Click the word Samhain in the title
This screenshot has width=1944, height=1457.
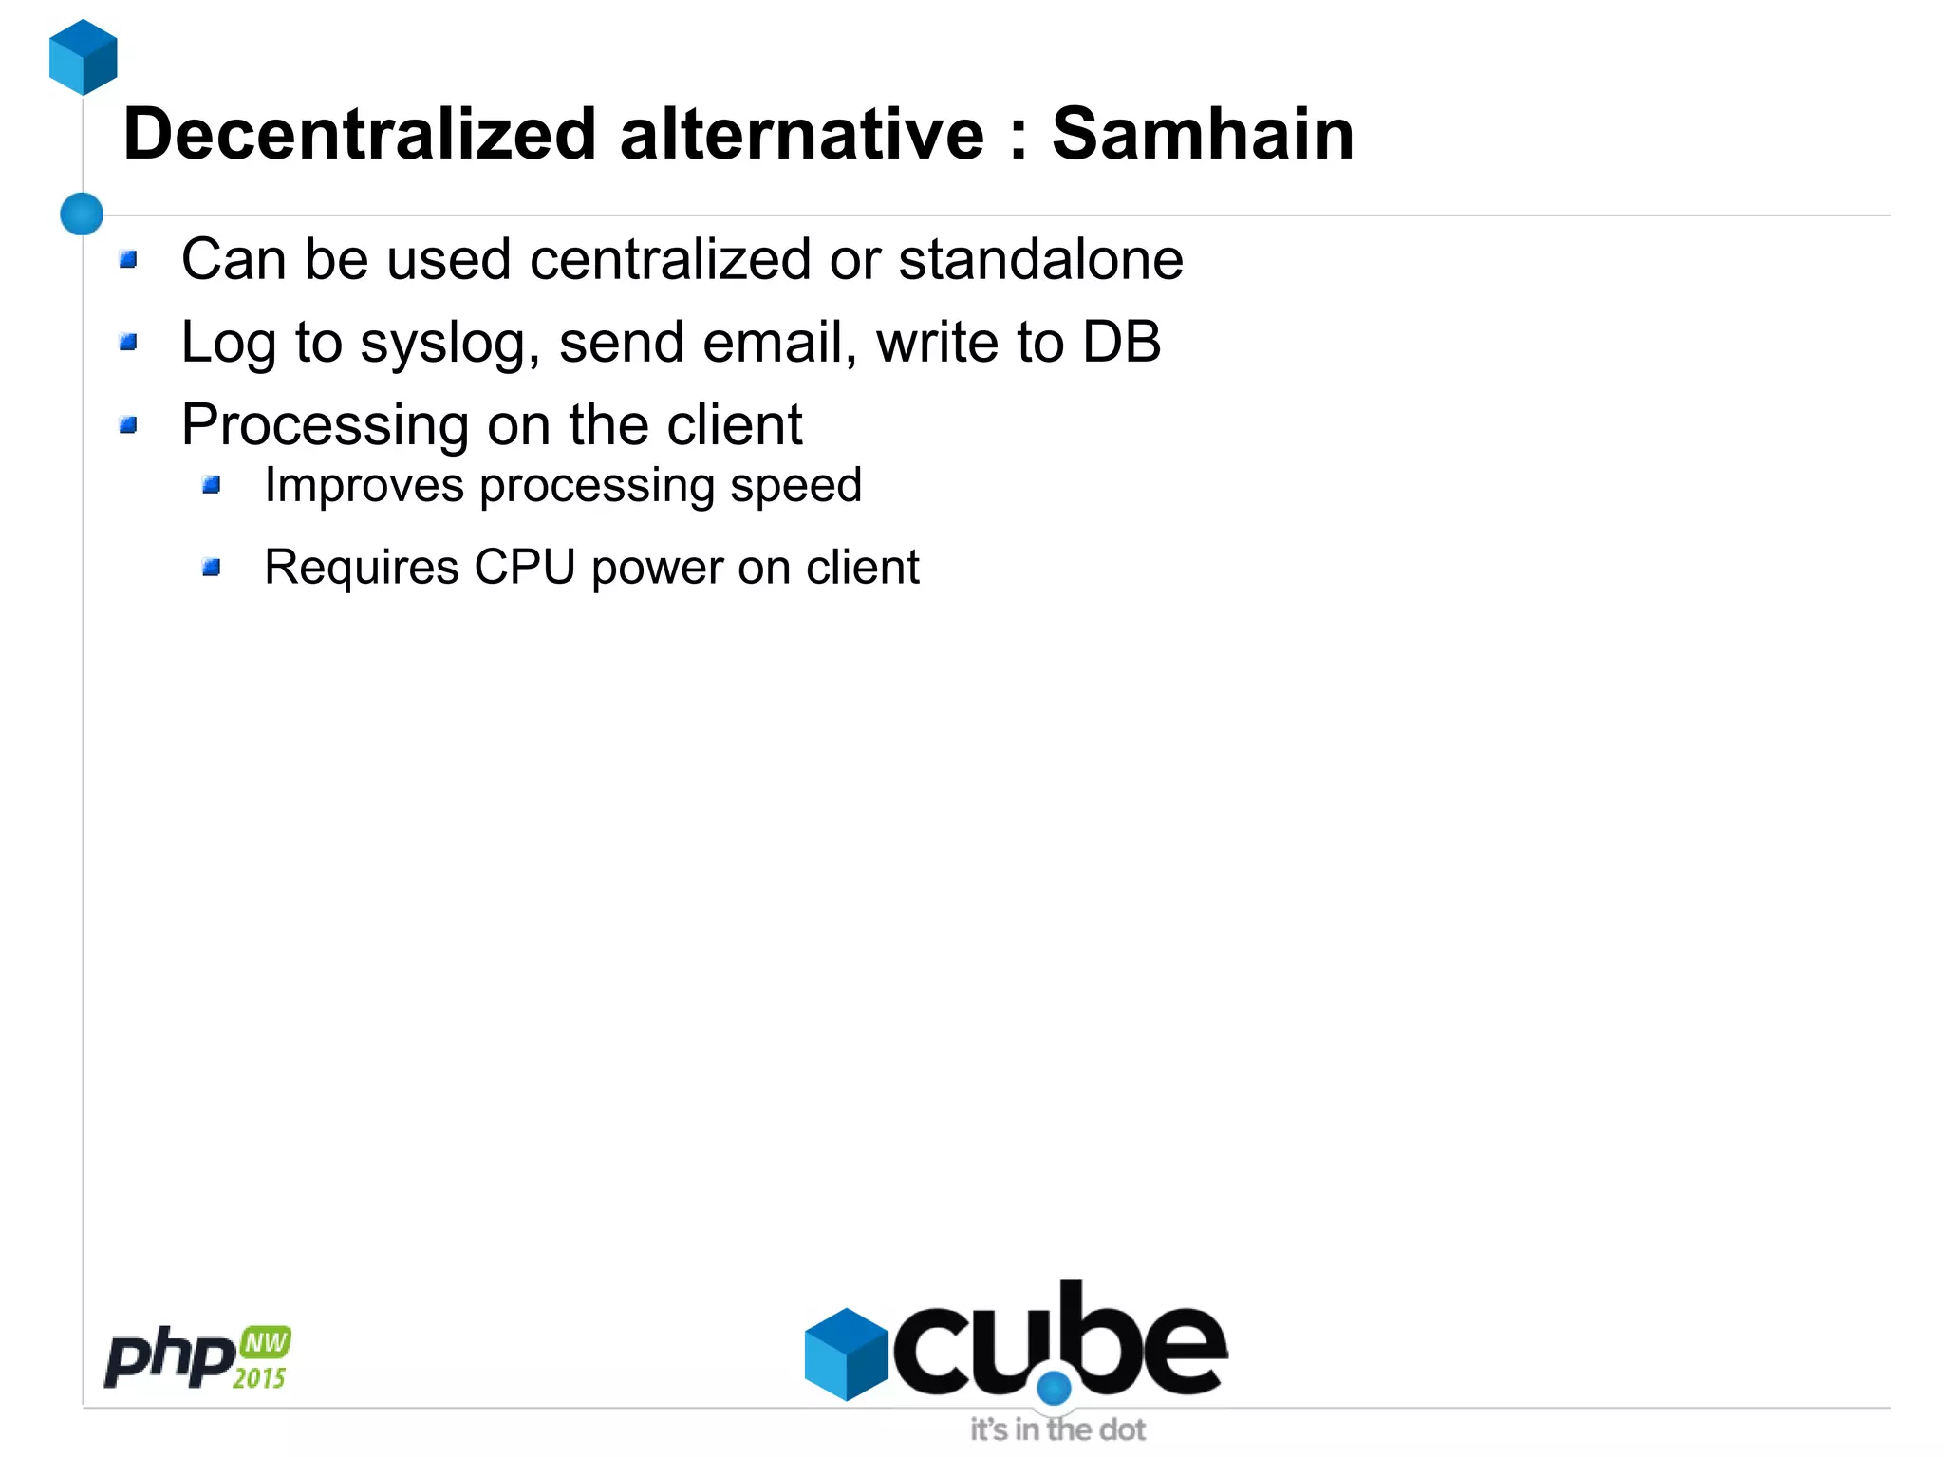click(1202, 134)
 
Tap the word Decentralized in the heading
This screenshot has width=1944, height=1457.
click(359, 134)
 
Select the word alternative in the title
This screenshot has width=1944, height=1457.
click(802, 134)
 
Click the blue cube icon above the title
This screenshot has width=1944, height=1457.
click(84, 57)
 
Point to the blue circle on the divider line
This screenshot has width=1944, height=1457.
click(82, 214)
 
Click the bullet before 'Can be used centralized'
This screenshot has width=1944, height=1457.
click(129, 259)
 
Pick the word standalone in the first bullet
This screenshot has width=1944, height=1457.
click(1040, 259)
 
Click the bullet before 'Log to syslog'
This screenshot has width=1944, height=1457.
click(129, 342)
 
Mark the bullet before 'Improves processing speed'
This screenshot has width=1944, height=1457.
click(212, 486)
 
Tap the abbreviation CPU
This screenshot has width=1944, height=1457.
click(524, 568)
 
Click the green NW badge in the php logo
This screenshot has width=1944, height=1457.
click(265, 1342)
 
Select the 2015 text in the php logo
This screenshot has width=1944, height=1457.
click(259, 1377)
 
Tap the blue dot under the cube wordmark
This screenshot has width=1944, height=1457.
click(1054, 1388)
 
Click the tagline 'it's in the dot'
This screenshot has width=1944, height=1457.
click(1057, 1429)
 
